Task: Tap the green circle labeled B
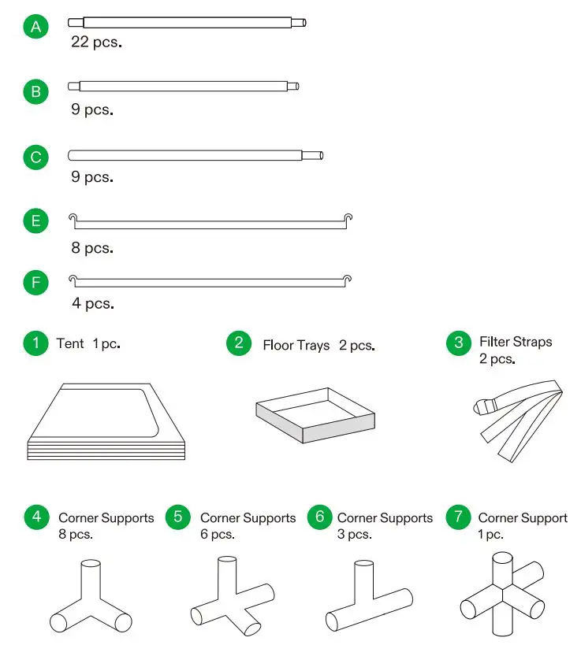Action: [35, 92]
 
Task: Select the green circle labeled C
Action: [35, 158]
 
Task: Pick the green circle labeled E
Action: [35, 221]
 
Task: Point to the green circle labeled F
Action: [35, 282]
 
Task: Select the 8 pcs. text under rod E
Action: [92, 248]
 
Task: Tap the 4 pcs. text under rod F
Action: [92, 303]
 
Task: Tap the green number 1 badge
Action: [35, 343]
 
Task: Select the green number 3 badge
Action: [459, 343]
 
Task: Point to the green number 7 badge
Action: [458, 517]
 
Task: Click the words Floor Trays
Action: [296, 346]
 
